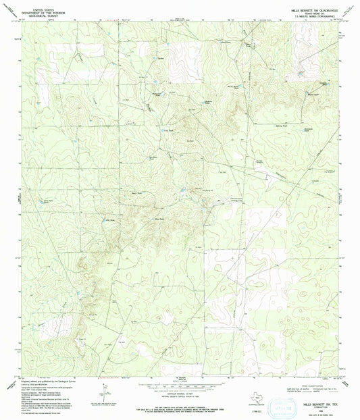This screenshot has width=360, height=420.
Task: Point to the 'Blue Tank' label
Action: click(x=160, y=218)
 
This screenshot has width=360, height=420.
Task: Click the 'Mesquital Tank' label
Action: click(x=156, y=94)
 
